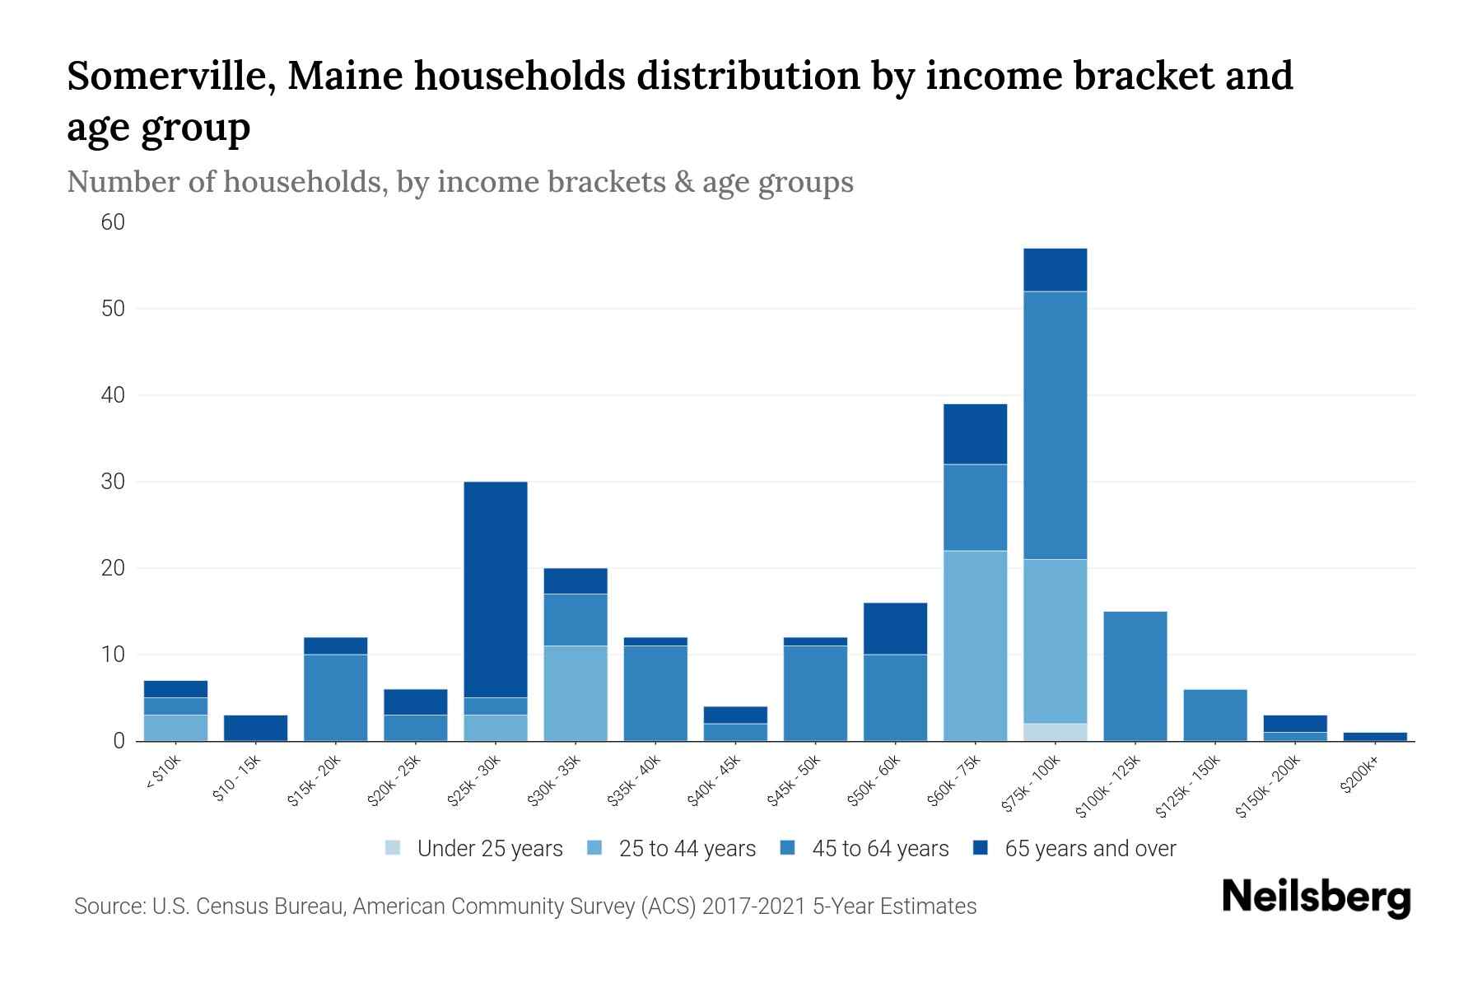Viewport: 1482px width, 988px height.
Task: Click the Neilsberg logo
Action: coord(1317,897)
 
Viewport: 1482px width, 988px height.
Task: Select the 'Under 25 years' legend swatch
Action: coord(394,848)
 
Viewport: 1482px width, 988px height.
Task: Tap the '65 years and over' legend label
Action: coord(1090,849)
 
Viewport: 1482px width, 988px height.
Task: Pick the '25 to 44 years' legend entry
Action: coord(687,849)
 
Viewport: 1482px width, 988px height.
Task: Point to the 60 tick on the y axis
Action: coord(114,222)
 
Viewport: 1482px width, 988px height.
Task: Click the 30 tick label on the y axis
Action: coord(114,482)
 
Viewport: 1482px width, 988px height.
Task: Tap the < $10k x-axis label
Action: coord(162,773)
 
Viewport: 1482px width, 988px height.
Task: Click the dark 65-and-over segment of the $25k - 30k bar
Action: coord(496,589)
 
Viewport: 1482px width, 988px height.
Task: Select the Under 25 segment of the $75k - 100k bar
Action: coord(1056,732)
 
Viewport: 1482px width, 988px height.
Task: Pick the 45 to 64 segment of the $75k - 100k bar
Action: coord(1056,425)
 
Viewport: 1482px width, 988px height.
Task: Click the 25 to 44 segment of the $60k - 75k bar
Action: coord(976,645)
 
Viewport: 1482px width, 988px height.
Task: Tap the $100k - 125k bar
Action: coord(1135,676)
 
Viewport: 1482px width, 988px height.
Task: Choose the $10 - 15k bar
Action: coord(255,728)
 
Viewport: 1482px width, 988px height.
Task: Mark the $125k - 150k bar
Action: coord(1215,715)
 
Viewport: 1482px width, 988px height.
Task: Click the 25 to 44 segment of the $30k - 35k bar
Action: coord(576,693)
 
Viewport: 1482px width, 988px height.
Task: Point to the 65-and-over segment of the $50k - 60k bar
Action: coord(895,628)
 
